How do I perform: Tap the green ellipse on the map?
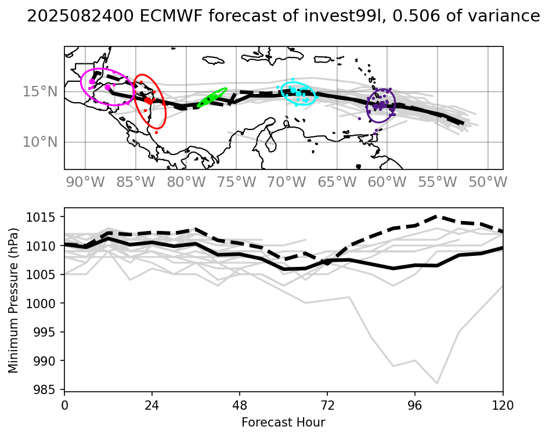tap(212, 97)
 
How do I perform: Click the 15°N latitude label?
tap(40, 92)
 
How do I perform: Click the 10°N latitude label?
tap(40, 142)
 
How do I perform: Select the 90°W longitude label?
tap(85, 182)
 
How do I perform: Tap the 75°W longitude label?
tap(236, 182)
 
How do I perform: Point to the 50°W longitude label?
tap(487, 182)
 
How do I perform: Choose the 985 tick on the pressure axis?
tap(45, 389)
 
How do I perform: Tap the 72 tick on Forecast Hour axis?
tap(327, 406)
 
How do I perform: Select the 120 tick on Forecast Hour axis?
tap(503, 406)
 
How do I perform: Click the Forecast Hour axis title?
tap(283, 422)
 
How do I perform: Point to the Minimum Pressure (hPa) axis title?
tap(13, 300)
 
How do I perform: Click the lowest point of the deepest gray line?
tap(437, 384)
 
